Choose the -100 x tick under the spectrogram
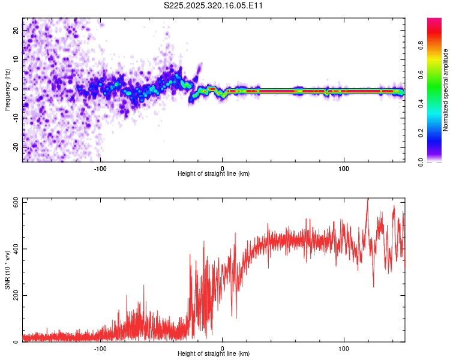[100, 168]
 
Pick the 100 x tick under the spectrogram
[344, 168]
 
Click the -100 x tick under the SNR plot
[100, 348]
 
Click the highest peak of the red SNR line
[368, 199]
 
